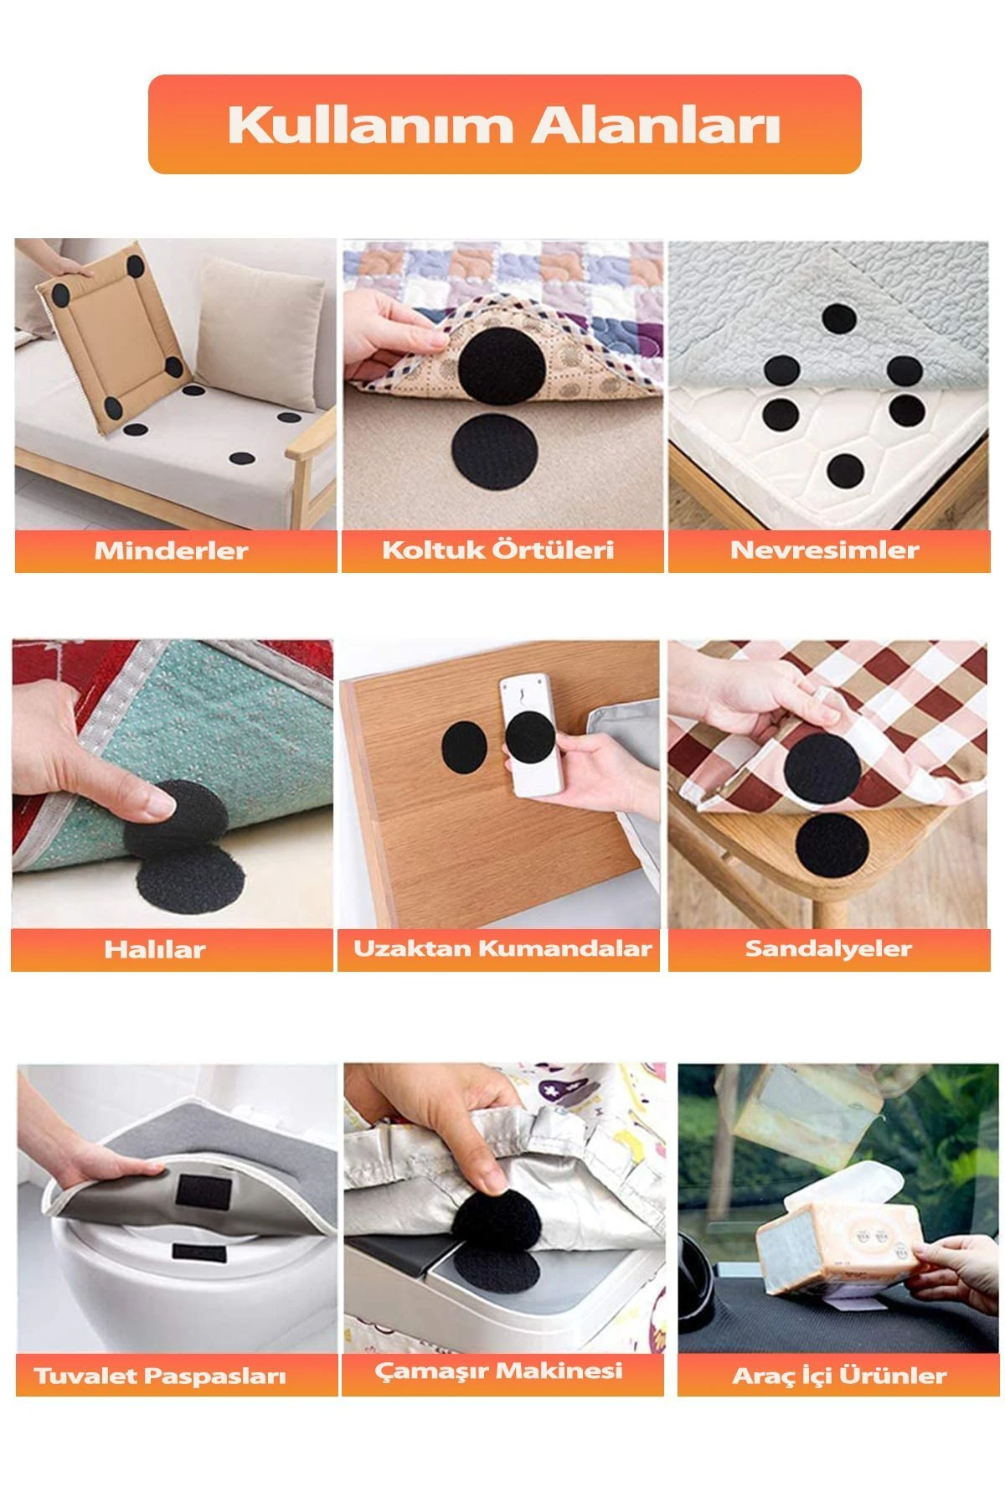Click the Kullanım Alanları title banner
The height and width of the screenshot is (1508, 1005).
tap(504, 125)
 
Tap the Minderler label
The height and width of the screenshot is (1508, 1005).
tap(171, 550)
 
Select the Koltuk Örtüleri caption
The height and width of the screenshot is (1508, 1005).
tap(498, 550)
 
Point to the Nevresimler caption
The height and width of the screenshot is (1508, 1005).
tap(825, 550)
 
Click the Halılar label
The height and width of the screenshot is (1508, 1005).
tap(155, 949)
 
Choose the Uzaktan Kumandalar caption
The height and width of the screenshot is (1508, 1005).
tap(502, 948)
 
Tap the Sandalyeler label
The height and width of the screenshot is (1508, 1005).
tap(828, 948)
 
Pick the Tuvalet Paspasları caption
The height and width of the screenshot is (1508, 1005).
tap(160, 1376)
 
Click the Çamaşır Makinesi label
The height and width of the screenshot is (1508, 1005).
tap(498, 1371)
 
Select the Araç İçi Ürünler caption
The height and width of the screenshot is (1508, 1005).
tap(839, 1376)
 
